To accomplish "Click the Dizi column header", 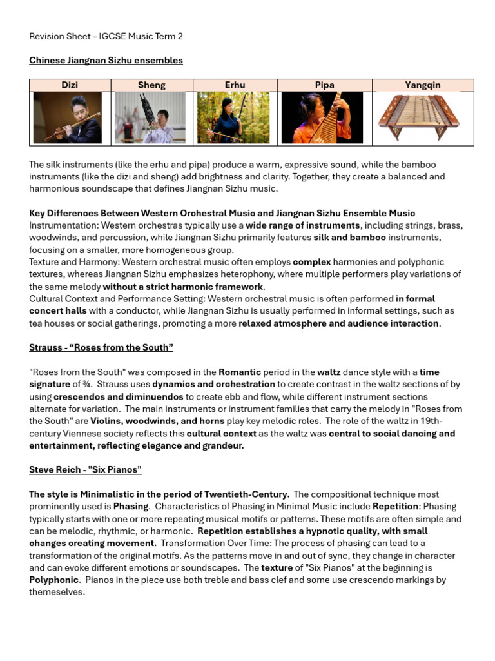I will click(x=70, y=85).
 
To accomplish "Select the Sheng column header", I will click(x=151, y=85).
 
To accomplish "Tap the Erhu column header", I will click(x=235, y=85).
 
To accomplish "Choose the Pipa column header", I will click(x=324, y=85).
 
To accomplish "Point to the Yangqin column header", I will click(x=422, y=85).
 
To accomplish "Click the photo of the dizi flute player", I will click(x=68, y=117).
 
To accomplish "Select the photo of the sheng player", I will click(x=150, y=117).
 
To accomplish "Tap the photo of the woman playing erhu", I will click(x=233, y=117).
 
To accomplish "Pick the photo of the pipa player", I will click(x=322, y=117).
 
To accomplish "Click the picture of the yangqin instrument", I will click(x=418, y=117).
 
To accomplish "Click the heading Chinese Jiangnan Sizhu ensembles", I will click(x=106, y=61).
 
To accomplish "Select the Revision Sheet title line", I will click(x=106, y=37).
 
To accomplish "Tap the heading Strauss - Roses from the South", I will click(x=101, y=348).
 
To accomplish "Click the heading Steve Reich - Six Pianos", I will click(x=85, y=469).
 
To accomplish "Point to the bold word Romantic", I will click(x=240, y=372).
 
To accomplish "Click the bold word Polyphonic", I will click(x=53, y=580).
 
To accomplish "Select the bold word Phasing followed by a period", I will click(x=131, y=507).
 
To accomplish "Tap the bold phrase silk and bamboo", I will click(x=349, y=238).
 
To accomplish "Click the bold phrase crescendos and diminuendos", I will click(x=118, y=397).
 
